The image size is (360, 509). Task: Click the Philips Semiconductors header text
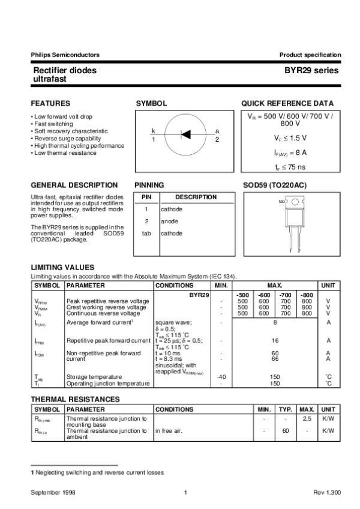click(65, 55)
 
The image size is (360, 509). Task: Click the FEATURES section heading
click(50, 103)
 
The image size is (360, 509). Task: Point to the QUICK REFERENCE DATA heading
click(287, 103)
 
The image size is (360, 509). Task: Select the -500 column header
click(242, 295)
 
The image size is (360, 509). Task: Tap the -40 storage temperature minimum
click(221, 376)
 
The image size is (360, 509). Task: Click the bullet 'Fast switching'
click(55, 124)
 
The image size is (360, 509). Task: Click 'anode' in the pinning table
click(169, 221)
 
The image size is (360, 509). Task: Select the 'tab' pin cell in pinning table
click(146, 233)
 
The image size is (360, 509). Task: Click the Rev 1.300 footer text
click(327, 492)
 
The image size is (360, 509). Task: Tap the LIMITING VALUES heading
click(62, 267)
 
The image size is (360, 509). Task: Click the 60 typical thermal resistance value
click(286, 430)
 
